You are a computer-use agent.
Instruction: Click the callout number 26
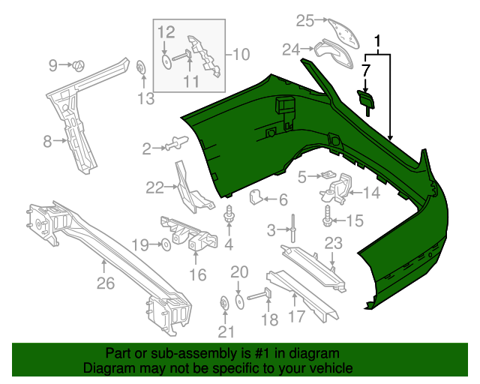pyautogui.click(x=106, y=283)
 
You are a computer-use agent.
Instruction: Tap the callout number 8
pyautogui.click(x=46, y=140)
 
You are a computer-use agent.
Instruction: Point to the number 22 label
pyautogui.click(x=154, y=187)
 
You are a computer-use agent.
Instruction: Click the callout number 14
pyautogui.click(x=372, y=193)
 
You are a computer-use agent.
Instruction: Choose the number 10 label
pyautogui.click(x=241, y=54)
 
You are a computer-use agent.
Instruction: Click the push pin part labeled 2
pyautogui.click(x=177, y=140)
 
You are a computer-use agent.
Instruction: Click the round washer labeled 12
pyautogui.click(x=164, y=59)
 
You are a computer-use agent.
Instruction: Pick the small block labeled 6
pyautogui.click(x=255, y=198)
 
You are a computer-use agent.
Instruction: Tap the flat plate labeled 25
pyautogui.click(x=342, y=31)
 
